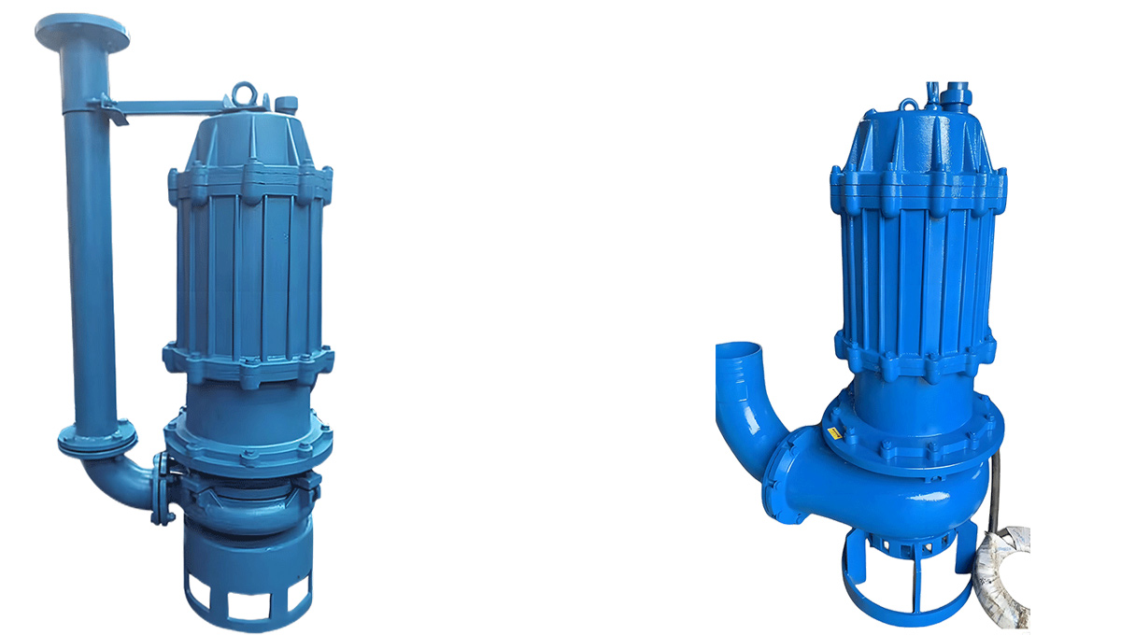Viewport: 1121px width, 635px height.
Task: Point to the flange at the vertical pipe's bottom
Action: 96,437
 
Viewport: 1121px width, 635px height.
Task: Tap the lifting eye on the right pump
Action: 908,104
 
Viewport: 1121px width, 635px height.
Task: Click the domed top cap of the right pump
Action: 920,135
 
